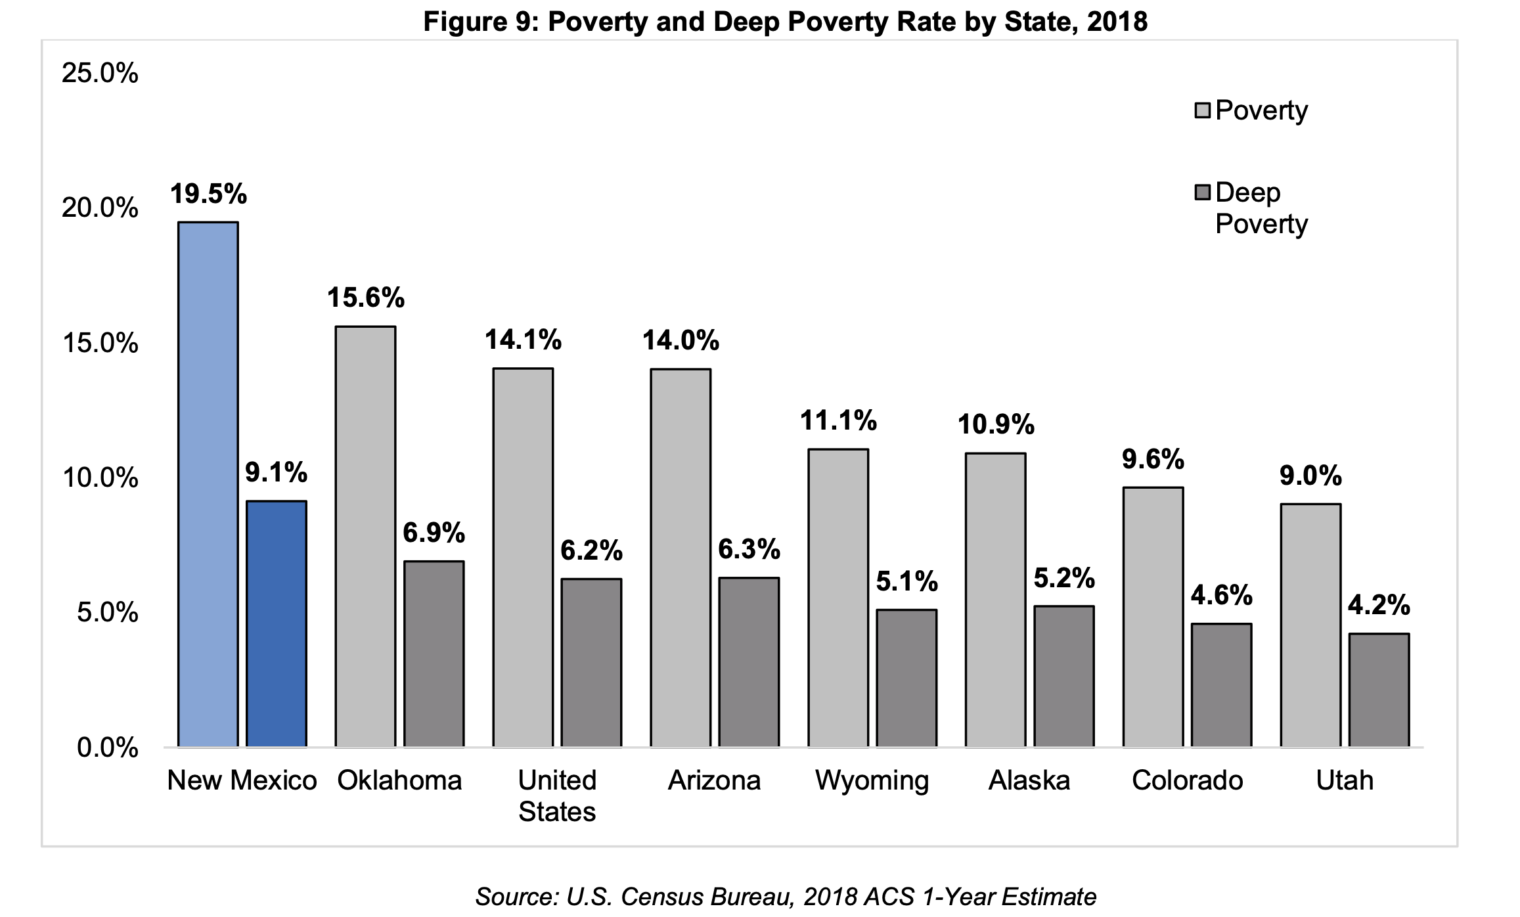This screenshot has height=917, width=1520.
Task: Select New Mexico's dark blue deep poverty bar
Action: coord(277,623)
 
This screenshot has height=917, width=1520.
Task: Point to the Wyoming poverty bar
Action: coord(838,598)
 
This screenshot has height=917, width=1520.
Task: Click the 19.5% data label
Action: coord(208,194)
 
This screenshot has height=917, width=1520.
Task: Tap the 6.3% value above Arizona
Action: coord(749,549)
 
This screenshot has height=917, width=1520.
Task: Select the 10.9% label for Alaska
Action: coord(996,425)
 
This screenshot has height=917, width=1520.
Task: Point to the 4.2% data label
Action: coord(1379,605)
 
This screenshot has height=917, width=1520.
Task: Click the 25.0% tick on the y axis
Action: coord(100,74)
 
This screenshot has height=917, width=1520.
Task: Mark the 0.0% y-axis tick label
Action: coord(107,748)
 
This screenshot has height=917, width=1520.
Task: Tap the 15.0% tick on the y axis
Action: coord(100,344)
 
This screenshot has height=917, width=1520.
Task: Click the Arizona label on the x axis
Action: coord(714,780)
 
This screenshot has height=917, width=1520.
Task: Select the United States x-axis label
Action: coord(557,795)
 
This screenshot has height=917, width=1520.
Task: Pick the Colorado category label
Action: coord(1187,780)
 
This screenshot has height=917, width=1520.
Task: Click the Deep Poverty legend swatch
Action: coord(1202,193)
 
